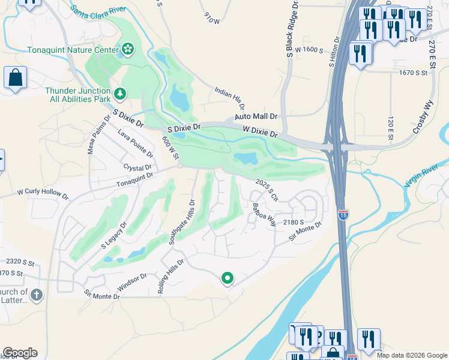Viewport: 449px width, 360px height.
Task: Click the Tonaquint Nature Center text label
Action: pyautogui.click(x=73, y=50)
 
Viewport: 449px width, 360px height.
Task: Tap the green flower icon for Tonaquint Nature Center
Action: pyautogui.click(x=127, y=49)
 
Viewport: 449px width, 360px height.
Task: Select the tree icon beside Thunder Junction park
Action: pyautogui.click(x=121, y=94)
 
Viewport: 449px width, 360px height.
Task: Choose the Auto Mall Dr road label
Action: pyautogui.click(x=256, y=116)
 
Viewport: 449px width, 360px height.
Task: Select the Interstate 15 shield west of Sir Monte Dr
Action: pyautogui.click(x=343, y=214)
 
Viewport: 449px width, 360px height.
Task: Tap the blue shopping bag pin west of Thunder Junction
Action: pyautogui.click(x=15, y=78)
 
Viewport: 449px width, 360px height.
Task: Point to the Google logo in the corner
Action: pyautogui.click(x=20, y=353)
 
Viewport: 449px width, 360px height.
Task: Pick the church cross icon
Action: pyautogui.click(x=37, y=295)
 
